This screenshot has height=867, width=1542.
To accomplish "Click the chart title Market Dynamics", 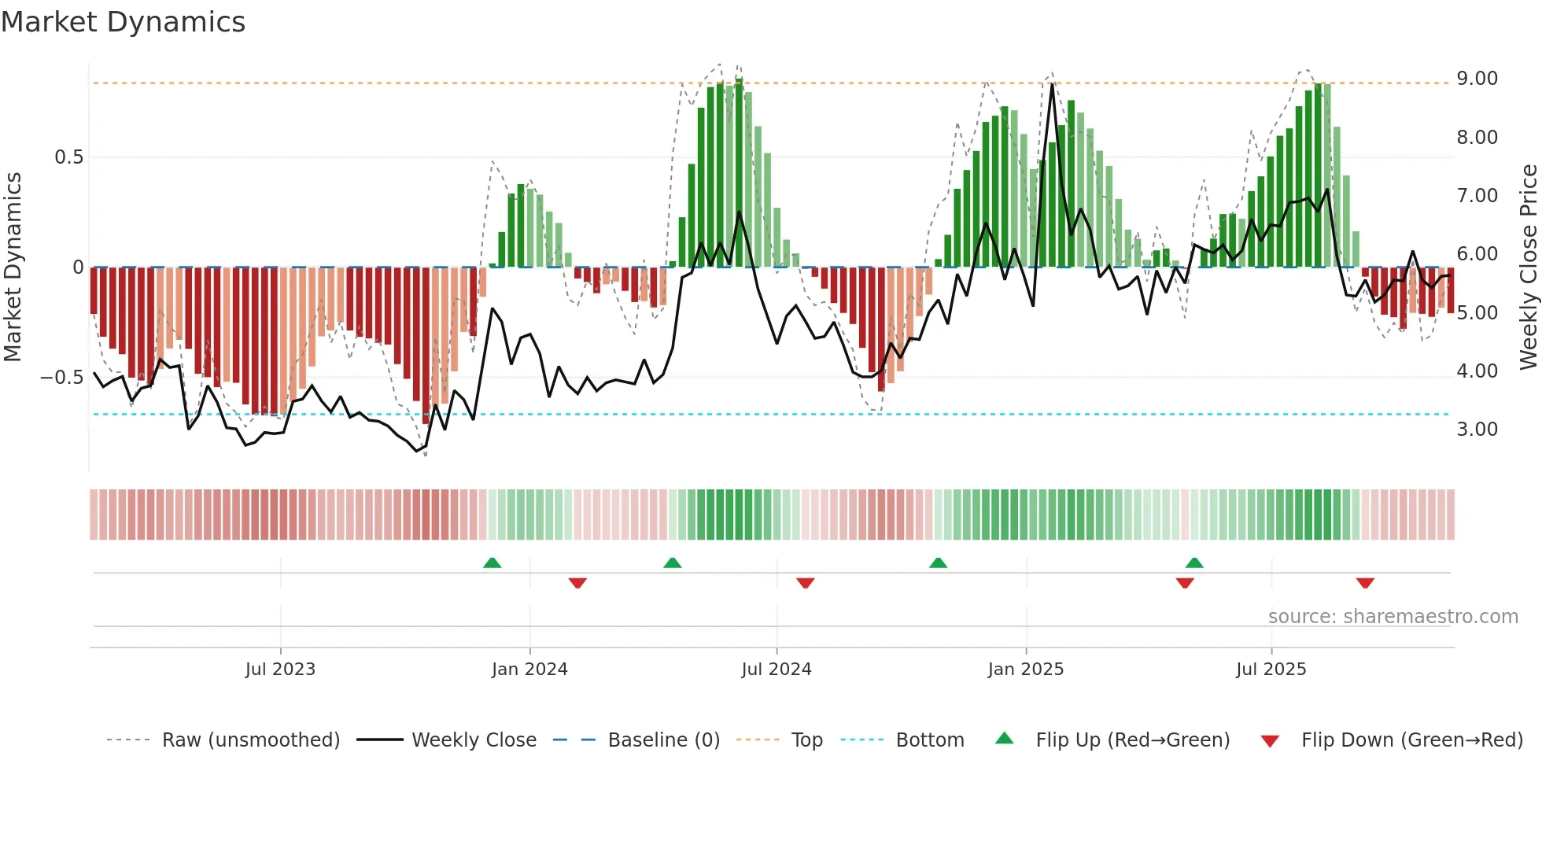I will click(123, 22).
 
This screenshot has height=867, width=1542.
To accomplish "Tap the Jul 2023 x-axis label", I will click(280, 670).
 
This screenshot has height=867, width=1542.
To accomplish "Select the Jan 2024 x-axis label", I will click(529, 670).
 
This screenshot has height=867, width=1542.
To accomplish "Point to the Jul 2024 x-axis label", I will click(776, 670).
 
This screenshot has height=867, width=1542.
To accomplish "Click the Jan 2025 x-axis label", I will click(1026, 670).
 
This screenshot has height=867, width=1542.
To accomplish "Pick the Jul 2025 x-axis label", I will click(1271, 670).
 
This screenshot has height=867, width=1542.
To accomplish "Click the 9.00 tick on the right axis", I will click(1477, 79).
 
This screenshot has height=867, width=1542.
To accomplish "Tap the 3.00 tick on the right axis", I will click(1477, 430).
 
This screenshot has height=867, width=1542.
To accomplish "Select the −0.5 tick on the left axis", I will click(61, 378).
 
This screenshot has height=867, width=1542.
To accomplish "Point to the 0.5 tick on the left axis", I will click(68, 157).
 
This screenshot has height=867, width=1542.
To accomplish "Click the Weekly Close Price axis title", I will click(1528, 267).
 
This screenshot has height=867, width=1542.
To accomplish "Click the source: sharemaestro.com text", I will click(1393, 617).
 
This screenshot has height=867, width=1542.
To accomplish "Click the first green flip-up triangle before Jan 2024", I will click(492, 563).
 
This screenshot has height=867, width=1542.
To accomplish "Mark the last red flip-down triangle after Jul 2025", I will click(1365, 583).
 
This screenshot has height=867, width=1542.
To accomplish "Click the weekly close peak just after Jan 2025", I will click(1052, 84).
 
